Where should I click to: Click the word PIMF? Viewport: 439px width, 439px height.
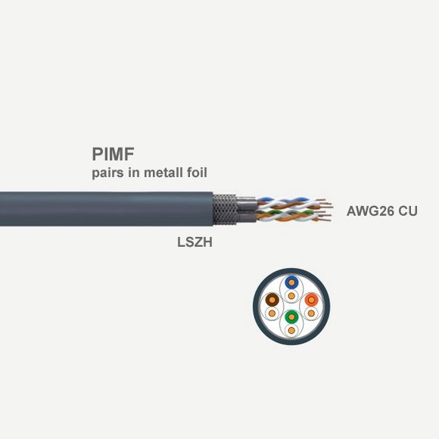[x=113, y=154]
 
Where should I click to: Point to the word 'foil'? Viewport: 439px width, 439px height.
[x=197, y=172]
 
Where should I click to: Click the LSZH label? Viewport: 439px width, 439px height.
[x=195, y=242]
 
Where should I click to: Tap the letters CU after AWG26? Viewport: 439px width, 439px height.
[x=408, y=211]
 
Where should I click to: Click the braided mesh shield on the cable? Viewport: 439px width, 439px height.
[x=225, y=209]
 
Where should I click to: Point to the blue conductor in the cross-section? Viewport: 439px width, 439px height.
[x=291, y=282]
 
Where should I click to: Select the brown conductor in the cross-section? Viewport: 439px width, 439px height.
[x=272, y=300]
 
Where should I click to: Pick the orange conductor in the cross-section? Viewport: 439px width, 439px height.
[x=311, y=300]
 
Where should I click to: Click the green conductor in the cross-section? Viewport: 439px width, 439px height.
[x=291, y=317]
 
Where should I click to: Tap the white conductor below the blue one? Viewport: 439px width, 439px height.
[x=291, y=296]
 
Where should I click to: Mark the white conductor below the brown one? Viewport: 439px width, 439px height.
[x=272, y=313]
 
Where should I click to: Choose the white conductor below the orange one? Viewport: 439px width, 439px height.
[x=311, y=313]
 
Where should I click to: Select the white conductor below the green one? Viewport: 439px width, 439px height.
[x=291, y=331]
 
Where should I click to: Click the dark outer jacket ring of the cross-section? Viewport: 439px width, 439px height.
[x=291, y=270]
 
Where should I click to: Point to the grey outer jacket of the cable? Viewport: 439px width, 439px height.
[x=107, y=209]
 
